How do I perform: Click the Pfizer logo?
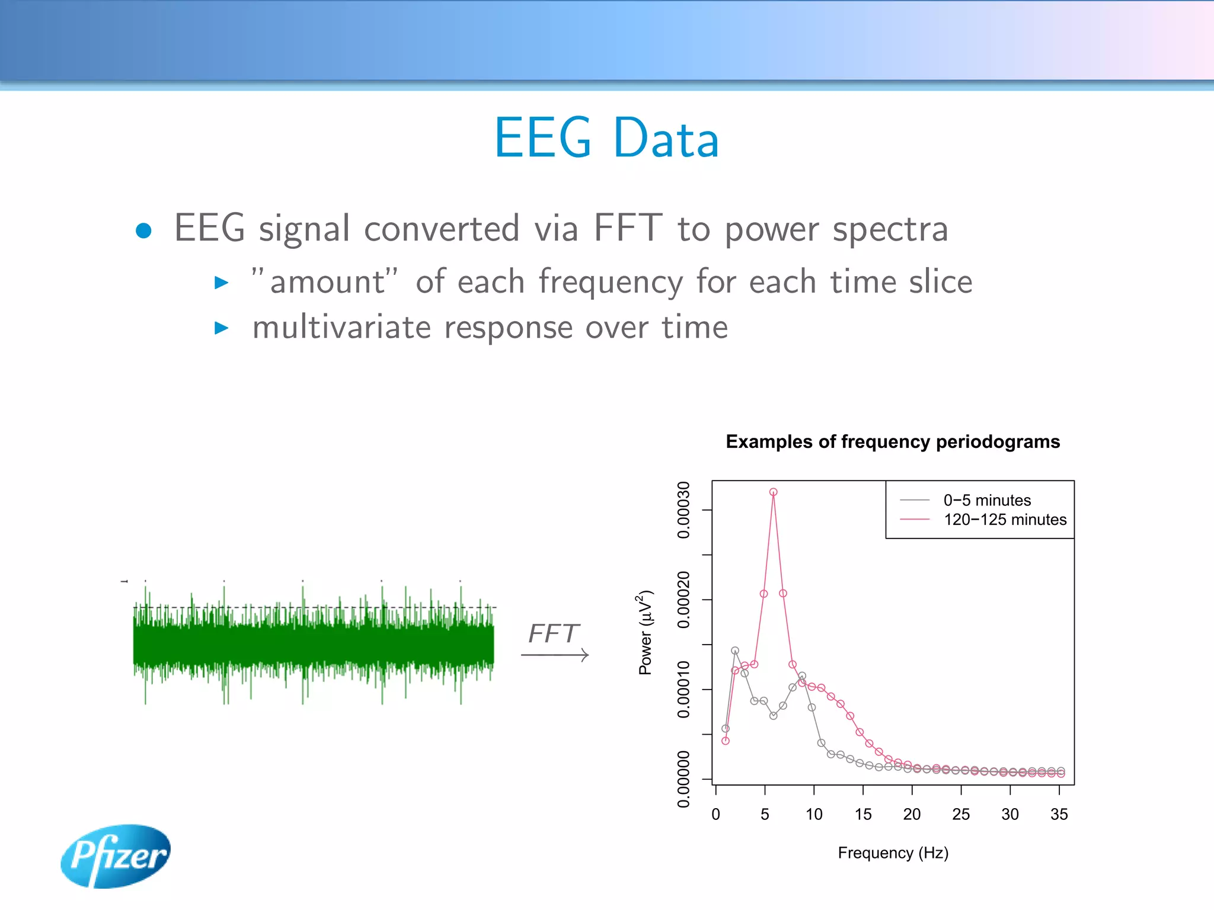click(116, 855)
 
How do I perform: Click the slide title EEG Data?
click(606, 138)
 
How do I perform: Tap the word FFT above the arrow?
click(553, 633)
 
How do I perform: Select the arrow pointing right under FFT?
click(555, 655)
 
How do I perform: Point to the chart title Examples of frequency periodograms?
click(892, 441)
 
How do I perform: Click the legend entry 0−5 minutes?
click(986, 500)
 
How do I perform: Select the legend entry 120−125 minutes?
click(1004, 520)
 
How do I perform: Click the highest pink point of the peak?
click(773, 492)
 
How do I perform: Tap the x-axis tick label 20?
click(912, 814)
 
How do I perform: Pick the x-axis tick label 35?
click(1059, 814)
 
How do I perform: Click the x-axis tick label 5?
click(765, 814)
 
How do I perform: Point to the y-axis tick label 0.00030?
click(683, 510)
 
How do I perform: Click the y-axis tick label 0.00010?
click(683, 689)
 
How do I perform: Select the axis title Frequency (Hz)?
click(893, 853)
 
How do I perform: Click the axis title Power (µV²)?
click(645, 632)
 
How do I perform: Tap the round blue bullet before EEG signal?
click(143, 230)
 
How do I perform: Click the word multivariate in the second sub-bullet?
click(341, 328)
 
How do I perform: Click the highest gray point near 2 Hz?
click(735, 651)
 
